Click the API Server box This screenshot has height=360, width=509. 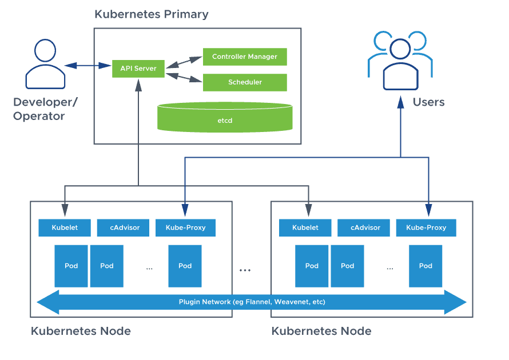138,69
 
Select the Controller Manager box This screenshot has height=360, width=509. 245,57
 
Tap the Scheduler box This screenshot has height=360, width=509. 245,82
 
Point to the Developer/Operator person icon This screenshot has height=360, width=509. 45,63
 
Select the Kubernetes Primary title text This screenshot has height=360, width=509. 152,14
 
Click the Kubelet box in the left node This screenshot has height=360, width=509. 64,227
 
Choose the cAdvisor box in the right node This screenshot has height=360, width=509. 364,227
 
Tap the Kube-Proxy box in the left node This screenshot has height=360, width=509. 185,227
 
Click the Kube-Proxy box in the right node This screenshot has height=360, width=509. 426,227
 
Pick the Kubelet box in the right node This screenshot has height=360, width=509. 305,227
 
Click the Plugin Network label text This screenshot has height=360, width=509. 252,302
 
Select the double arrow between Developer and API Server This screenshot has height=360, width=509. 88,66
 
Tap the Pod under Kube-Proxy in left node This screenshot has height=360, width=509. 185,266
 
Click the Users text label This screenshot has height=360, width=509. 428,102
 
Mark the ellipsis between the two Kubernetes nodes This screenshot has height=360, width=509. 245,270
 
